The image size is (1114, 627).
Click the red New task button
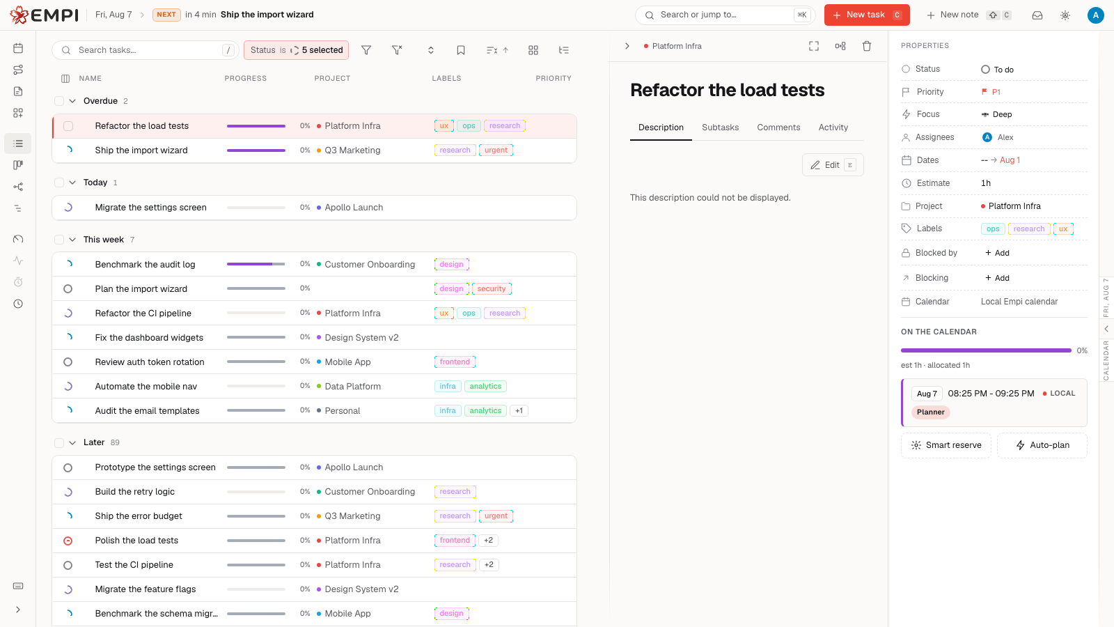[867, 15]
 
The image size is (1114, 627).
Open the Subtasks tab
[720, 127]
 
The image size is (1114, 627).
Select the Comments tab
[778, 127]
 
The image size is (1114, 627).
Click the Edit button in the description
[833, 164]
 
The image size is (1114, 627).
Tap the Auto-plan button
[1042, 445]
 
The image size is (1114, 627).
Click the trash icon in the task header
[867, 46]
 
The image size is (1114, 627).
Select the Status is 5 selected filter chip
[296, 50]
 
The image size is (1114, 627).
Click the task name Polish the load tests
[136, 541]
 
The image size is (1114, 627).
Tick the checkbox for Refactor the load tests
[68, 126]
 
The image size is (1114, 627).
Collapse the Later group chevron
[72, 443]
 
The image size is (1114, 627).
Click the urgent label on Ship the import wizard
[496, 150]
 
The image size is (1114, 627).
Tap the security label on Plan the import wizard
[492, 288]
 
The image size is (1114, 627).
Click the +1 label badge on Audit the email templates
[519, 410]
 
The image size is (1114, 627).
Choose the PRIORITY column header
[553, 79]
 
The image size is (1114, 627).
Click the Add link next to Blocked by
[997, 253]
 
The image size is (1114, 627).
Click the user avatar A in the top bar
[1095, 15]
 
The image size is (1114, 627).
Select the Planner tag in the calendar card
[930, 412]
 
